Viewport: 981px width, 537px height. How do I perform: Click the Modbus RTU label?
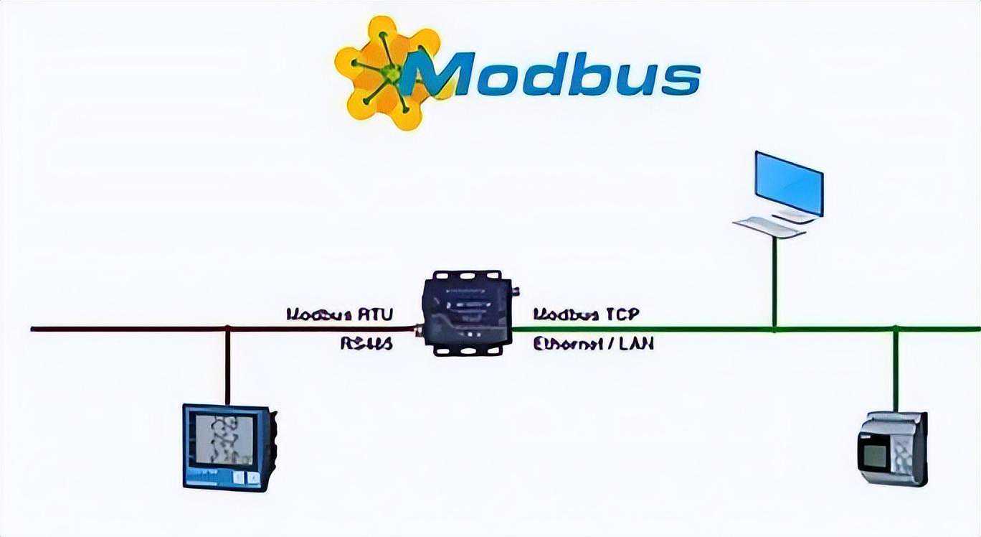[339, 314]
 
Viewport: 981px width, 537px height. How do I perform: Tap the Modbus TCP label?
[586, 314]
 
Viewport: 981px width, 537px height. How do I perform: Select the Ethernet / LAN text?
[593, 344]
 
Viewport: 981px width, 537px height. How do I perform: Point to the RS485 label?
[366, 344]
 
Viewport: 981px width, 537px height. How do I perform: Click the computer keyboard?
[769, 226]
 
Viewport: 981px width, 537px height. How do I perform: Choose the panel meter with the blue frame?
[229, 447]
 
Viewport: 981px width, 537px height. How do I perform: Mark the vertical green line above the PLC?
[896, 370]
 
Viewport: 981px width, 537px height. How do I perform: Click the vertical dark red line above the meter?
[227, 366]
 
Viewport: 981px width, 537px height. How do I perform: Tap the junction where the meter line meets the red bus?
[227, 329]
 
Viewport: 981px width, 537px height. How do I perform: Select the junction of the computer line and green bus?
[774, 329]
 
